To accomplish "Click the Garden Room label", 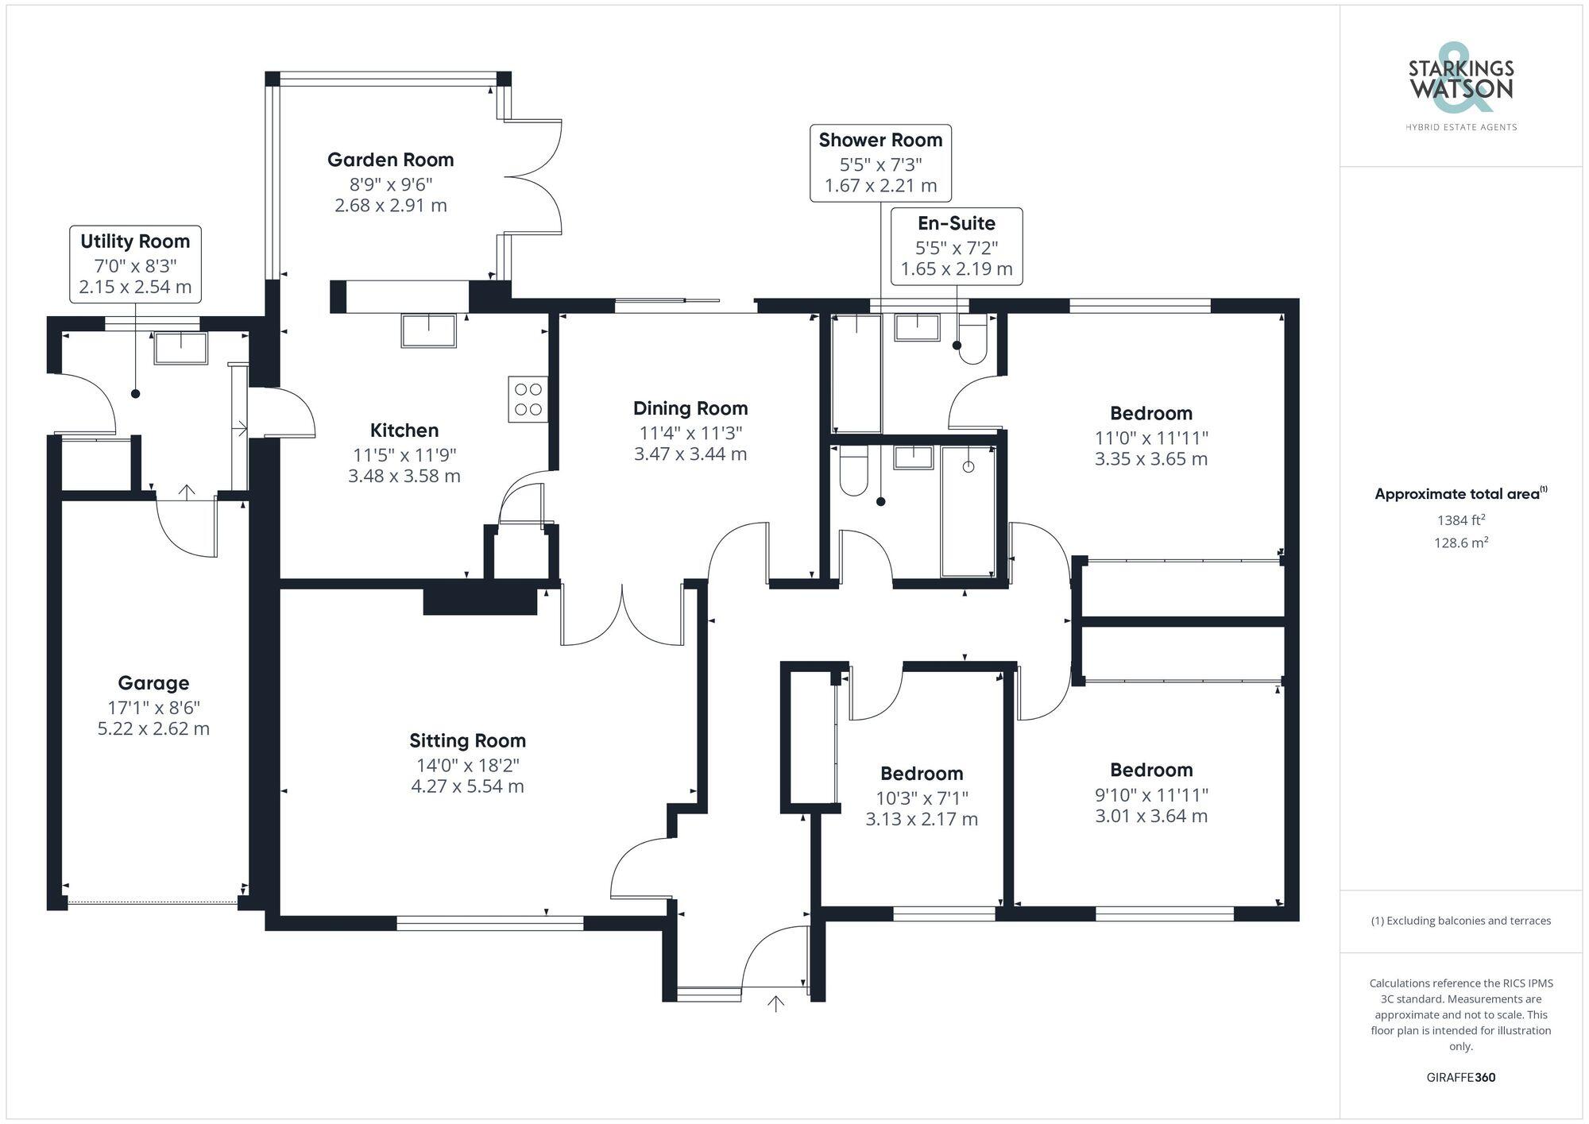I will (390, 160).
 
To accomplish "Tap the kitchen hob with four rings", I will (528, 399).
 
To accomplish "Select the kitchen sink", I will (428, 330).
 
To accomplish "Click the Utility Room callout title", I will (135, 241).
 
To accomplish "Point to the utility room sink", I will (180, 348).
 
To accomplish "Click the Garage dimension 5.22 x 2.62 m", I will (153, 728).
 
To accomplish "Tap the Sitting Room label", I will (467, 740).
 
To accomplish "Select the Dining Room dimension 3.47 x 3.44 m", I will (690, 454).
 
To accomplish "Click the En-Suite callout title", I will (956, 223).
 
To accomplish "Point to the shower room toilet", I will (852, 471).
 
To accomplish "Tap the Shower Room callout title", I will (880, 140).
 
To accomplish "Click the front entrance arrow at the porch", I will (775, 1004).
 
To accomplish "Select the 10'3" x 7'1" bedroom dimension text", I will (922, 798).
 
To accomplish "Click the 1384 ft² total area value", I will (1460, 520).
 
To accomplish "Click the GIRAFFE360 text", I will (1460, 1077).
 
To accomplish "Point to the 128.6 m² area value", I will (1460, 543).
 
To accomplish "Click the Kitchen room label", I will (404, 431).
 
